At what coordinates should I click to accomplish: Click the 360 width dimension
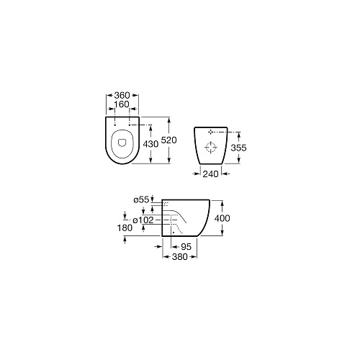click(122, 95)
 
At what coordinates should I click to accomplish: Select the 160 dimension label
click(122, 104)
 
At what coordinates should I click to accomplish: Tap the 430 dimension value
click(150, 144)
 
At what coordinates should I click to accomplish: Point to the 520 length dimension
click(168, 140)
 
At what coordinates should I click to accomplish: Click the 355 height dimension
click(238, 148)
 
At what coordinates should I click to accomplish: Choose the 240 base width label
click(210, 174)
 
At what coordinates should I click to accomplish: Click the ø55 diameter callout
click(142, 199)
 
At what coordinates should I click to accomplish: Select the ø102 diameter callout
click(143, 220)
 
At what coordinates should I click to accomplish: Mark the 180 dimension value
click(125, 228)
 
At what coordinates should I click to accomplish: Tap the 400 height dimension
click(222, 218)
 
